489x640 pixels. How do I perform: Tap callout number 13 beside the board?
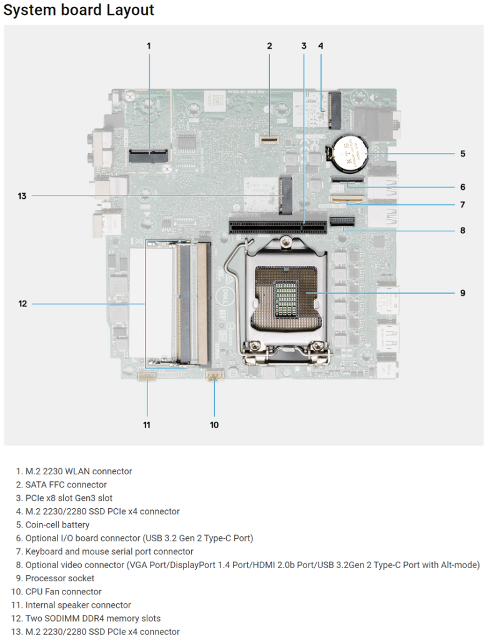click(22, 196)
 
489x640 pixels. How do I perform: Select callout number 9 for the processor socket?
click(463, 292)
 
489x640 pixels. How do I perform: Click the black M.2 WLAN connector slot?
click(149, 156)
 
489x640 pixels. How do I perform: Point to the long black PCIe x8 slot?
click(278, 225)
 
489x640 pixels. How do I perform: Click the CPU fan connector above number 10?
click(215, 374)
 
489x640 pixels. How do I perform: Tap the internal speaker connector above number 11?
click(147, 375)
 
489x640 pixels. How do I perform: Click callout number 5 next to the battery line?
click(463, 154)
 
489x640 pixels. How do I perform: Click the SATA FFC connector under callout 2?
click(269, 139)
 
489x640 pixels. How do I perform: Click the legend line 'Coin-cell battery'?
click(57, 524)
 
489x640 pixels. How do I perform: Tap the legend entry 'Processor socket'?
click(59, 578)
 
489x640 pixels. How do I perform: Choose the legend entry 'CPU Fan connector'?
click(63, 591)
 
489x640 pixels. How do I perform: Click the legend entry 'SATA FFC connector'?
click(66, 484)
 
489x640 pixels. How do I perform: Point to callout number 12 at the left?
click(22, 304)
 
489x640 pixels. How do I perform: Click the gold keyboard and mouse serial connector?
click(347, 199)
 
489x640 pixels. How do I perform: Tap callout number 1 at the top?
click(149, 46)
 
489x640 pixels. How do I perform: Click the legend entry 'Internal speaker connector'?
click(78, 605)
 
